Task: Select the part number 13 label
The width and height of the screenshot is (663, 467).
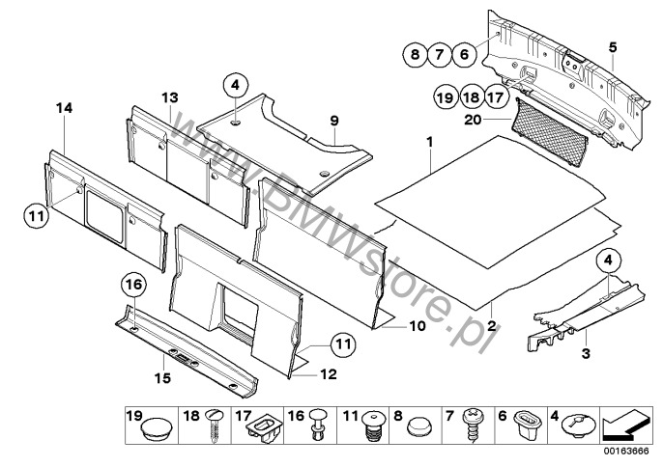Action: tap(170, 97)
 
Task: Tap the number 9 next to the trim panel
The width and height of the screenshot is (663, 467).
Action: tap(334, 120)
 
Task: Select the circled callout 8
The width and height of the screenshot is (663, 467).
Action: tap(415, 55)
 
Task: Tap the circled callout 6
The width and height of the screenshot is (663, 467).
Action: tap(465, 55)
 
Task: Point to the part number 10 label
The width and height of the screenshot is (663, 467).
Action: tap(417, 327)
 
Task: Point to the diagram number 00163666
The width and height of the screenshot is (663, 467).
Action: tap(626, 451)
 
